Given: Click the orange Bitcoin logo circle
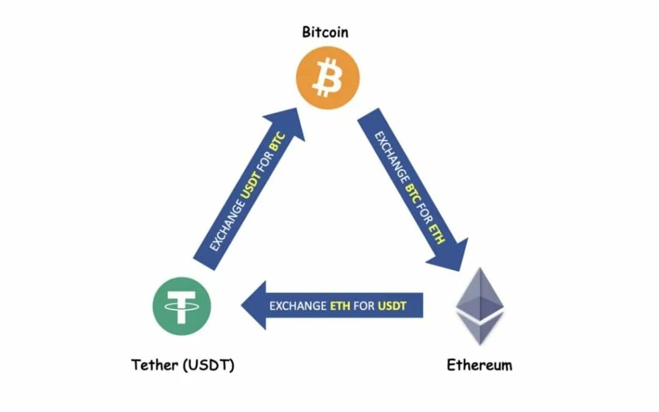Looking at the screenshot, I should (x=328, y=79).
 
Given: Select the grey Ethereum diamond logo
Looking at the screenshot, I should (x=480, y=305).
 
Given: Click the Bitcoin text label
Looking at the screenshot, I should (x=325, y=32).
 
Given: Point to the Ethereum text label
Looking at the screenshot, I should (x=480, y=366).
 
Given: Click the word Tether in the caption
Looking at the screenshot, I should (x=153, y=366).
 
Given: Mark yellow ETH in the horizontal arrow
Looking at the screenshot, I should (x=340, y=305).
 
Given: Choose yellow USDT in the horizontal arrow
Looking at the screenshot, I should (x=391, y=305).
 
